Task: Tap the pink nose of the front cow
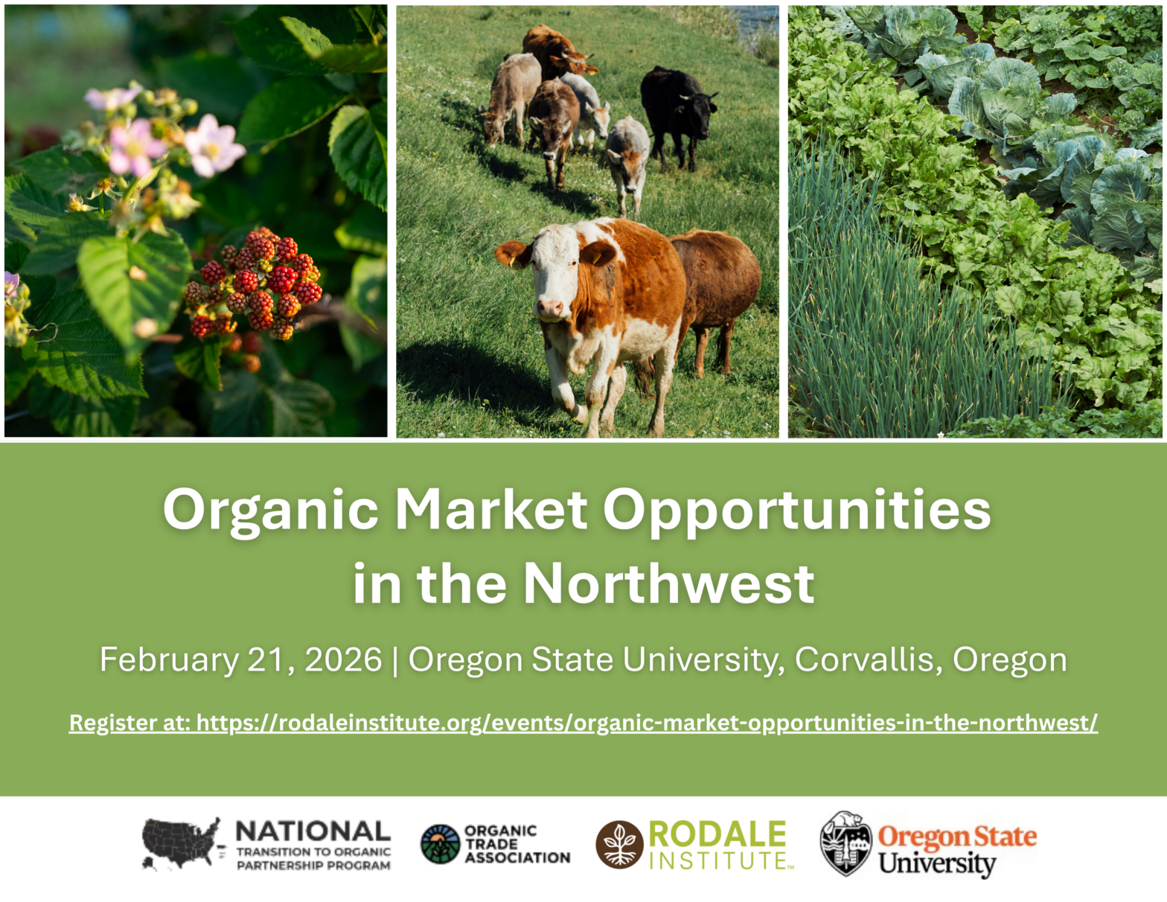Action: tap(550, 309)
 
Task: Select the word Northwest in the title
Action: tap(669, 584)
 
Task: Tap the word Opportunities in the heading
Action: tap(797, 511)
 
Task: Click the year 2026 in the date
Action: tap(343, 659)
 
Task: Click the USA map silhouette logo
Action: tap(182, 843)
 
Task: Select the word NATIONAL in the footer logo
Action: tap(313, 831)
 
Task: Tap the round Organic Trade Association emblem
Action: tap(441, 844)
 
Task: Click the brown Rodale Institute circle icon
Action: tap(619, 845)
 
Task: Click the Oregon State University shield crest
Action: tap(845, 844)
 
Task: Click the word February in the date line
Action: tap(169, 660)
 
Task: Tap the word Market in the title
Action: tap(491, 510)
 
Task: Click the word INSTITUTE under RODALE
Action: tap(718, 860)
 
